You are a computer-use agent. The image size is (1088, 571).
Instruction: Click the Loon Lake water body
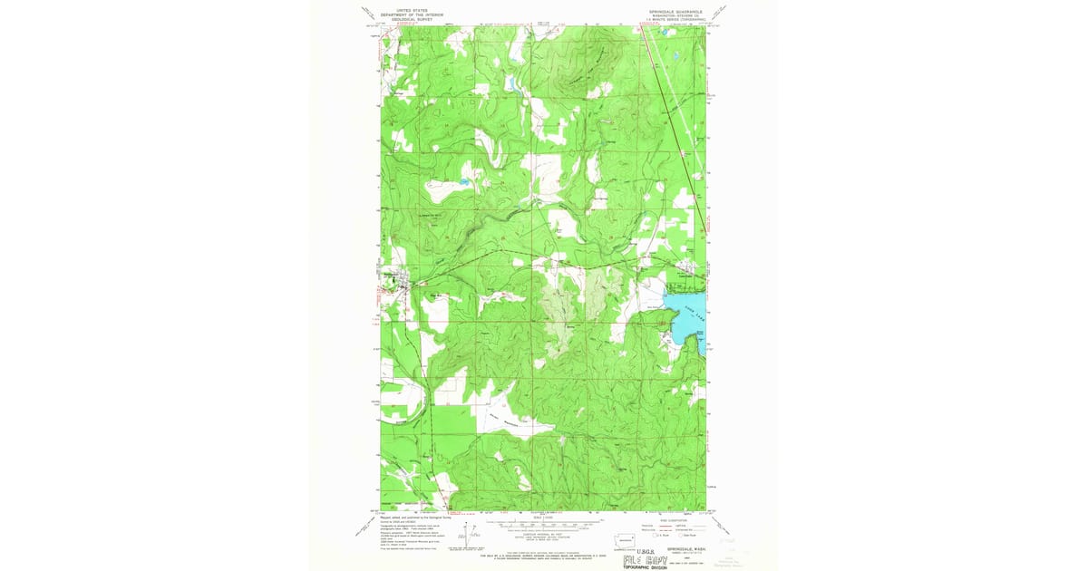(685, 310)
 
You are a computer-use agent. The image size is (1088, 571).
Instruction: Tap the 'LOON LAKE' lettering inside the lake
(695, 315)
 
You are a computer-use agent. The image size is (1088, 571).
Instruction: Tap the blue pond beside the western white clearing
(463, 181)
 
